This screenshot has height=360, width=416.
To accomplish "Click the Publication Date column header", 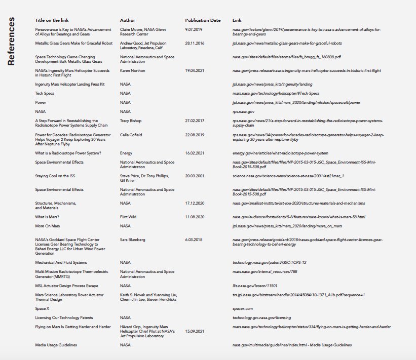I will coord(203,20).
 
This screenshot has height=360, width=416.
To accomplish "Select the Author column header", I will coord(128,20).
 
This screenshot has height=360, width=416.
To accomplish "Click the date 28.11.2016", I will coord(195,44).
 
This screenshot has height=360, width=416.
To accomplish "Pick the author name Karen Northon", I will coord(133,70).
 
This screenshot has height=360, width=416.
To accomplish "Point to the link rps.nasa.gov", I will coord(243,111).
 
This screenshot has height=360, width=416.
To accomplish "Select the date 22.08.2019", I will coord(195,135).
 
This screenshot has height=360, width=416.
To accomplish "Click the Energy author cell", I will coord(126,153).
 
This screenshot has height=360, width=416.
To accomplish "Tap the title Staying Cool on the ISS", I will coord(55,176).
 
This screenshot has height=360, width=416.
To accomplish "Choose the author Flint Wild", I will coord(129,217).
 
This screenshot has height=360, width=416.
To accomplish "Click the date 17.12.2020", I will coord(195,203).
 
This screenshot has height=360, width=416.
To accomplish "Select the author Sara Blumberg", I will coord(133,239).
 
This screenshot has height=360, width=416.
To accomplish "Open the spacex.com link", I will coord(243,308).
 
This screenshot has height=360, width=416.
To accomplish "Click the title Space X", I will coord(42,308).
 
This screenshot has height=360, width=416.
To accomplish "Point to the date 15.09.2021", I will coord(195,331).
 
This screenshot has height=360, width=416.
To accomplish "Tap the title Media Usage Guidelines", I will coord(56,345).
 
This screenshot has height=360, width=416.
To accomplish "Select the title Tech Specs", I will coord(45,93).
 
